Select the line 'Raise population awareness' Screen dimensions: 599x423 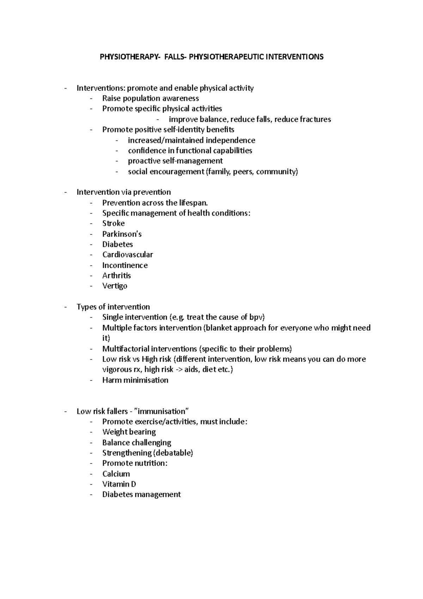(151, 98)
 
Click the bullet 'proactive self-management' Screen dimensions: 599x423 (175, 161)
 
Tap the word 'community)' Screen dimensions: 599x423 (281, 172)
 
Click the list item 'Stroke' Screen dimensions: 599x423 (113, 224)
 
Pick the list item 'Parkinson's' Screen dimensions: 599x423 (122, 234)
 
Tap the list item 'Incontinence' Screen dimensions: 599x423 (125, 265)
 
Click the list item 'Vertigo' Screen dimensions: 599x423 (115, 286)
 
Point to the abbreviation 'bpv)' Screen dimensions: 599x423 (257, 317)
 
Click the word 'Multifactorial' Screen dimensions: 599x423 (125, 349)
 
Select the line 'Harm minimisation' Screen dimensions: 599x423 (135, 380)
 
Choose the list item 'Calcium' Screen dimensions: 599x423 (116, 474)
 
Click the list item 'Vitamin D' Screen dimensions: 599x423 (119, 484)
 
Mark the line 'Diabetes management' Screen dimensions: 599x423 (141, 495)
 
